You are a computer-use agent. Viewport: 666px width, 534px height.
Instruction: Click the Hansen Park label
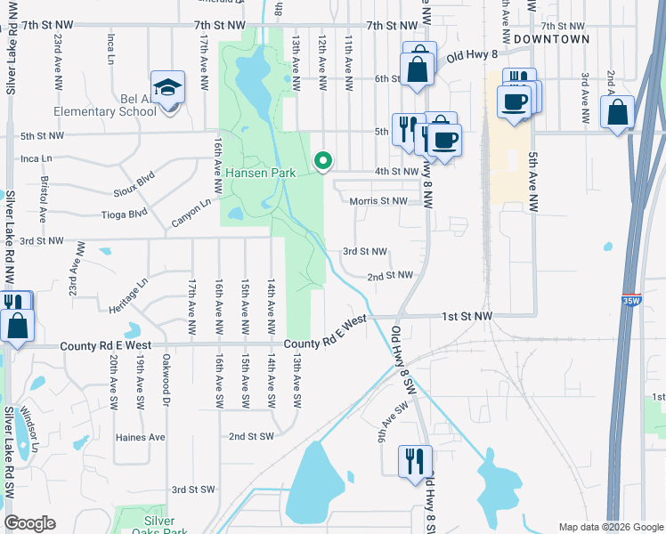coord(259,173)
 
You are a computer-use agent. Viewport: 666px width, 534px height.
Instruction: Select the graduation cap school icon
coord(166,87)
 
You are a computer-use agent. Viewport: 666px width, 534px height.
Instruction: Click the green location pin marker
coord(324,161)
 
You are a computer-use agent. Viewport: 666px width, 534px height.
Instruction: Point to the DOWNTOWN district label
coord(551,39)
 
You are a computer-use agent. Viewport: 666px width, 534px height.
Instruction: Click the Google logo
coord(30,523)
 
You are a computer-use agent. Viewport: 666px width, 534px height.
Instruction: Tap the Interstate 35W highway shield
coord(631,301)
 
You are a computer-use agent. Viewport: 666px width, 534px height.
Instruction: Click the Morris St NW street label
coord(378,201)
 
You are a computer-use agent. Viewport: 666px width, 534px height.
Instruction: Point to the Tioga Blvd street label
coord(125,214)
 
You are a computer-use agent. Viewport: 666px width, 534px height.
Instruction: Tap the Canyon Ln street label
coord(191,211)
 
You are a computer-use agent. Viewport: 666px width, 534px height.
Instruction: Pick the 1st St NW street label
coord(467,316)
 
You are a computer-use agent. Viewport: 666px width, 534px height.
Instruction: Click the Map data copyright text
coord(610,527)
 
